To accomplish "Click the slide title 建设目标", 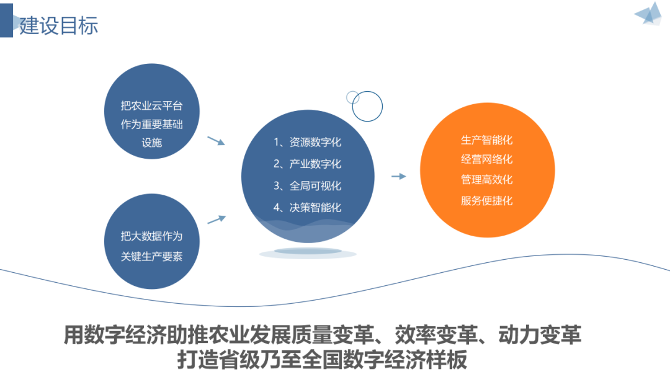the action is (59, 25).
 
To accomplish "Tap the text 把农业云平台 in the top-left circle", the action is (151, 106).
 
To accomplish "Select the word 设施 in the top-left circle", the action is (151, 142).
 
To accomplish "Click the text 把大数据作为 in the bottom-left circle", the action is (151, 236).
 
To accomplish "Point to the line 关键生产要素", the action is (151, 256).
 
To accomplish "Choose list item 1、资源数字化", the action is (307, 142).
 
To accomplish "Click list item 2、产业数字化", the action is (307, 164).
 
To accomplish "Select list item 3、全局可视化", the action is (307, 185).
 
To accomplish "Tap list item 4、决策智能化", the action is (307, 207).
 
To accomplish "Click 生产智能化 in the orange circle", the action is (487, 140).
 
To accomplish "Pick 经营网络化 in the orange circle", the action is (487, 159).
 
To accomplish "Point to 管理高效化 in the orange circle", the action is (487, 180).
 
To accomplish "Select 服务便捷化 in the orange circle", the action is (487, 200).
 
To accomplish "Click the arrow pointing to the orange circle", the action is (398, 177).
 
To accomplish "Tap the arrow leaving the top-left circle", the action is (215, 141).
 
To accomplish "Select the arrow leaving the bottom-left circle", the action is (215, 220).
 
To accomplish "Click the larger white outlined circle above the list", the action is (367, 106).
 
